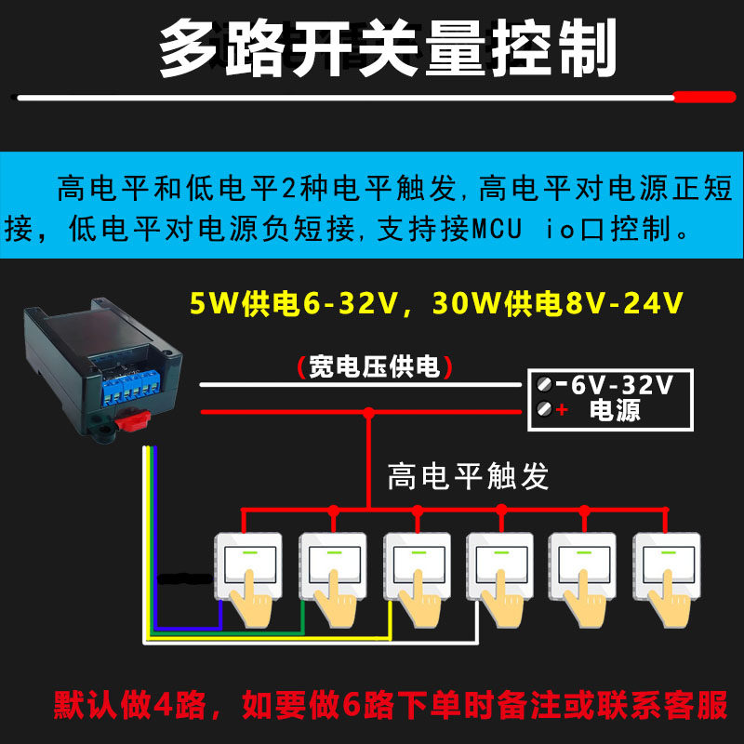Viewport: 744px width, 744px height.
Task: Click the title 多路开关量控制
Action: tap(388, 49)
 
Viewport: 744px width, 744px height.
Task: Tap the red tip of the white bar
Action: tap(703, 96)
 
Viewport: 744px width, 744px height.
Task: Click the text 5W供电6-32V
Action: tap(289, 304)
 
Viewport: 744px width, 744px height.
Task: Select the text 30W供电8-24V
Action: tap(558, 304)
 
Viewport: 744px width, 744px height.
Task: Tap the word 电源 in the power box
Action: tap(615, 410)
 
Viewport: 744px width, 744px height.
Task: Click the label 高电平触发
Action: tap(468, 476)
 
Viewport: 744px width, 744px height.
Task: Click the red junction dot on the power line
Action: tap(369, 411)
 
